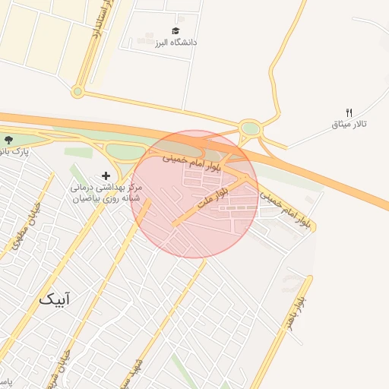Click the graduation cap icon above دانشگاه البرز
(x=176, y=31)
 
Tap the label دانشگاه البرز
(x=176, y=43)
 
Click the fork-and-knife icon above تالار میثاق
(x=349, y=112)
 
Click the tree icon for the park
(x=8, y=140)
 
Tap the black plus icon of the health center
(x=106, y=176)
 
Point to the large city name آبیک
(x=57, y=299)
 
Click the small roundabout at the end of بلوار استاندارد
(x=77, y=92)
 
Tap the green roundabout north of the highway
(x=250, y=128)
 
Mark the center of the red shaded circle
(x=194, y=194)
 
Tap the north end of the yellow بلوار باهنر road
(x=309, y=278)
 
